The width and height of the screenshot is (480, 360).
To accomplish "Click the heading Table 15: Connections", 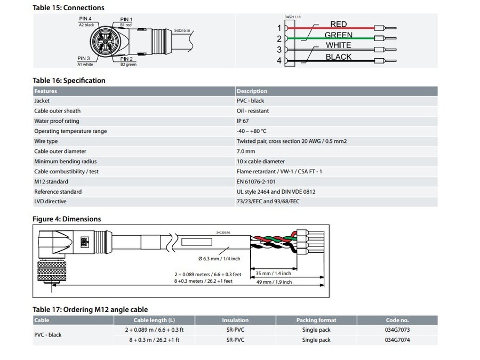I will point(68,7).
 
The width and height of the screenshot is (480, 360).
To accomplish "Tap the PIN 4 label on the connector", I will point(85,19).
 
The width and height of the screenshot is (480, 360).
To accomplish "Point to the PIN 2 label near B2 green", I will point(127,59).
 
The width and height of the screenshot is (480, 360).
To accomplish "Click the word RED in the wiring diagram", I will point(338,24).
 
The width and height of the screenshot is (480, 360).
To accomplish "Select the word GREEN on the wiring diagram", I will point(338,35).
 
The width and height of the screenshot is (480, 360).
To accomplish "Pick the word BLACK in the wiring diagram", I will point(338,57).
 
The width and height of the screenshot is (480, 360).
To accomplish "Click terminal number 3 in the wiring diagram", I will point(279,50).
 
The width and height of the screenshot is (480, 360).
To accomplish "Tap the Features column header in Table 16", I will point(46,91).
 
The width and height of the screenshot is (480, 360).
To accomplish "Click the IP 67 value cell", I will point(244,121).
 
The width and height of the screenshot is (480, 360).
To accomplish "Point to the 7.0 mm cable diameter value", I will point(246,151).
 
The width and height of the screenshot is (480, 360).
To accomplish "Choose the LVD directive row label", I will point(50,202).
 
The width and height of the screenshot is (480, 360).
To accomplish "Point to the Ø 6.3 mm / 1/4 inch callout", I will point(219,259).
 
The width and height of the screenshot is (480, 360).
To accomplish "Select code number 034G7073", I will point(397,330).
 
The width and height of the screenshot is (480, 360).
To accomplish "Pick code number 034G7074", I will point(397,340).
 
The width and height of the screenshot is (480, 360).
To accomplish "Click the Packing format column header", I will point(316,320).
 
